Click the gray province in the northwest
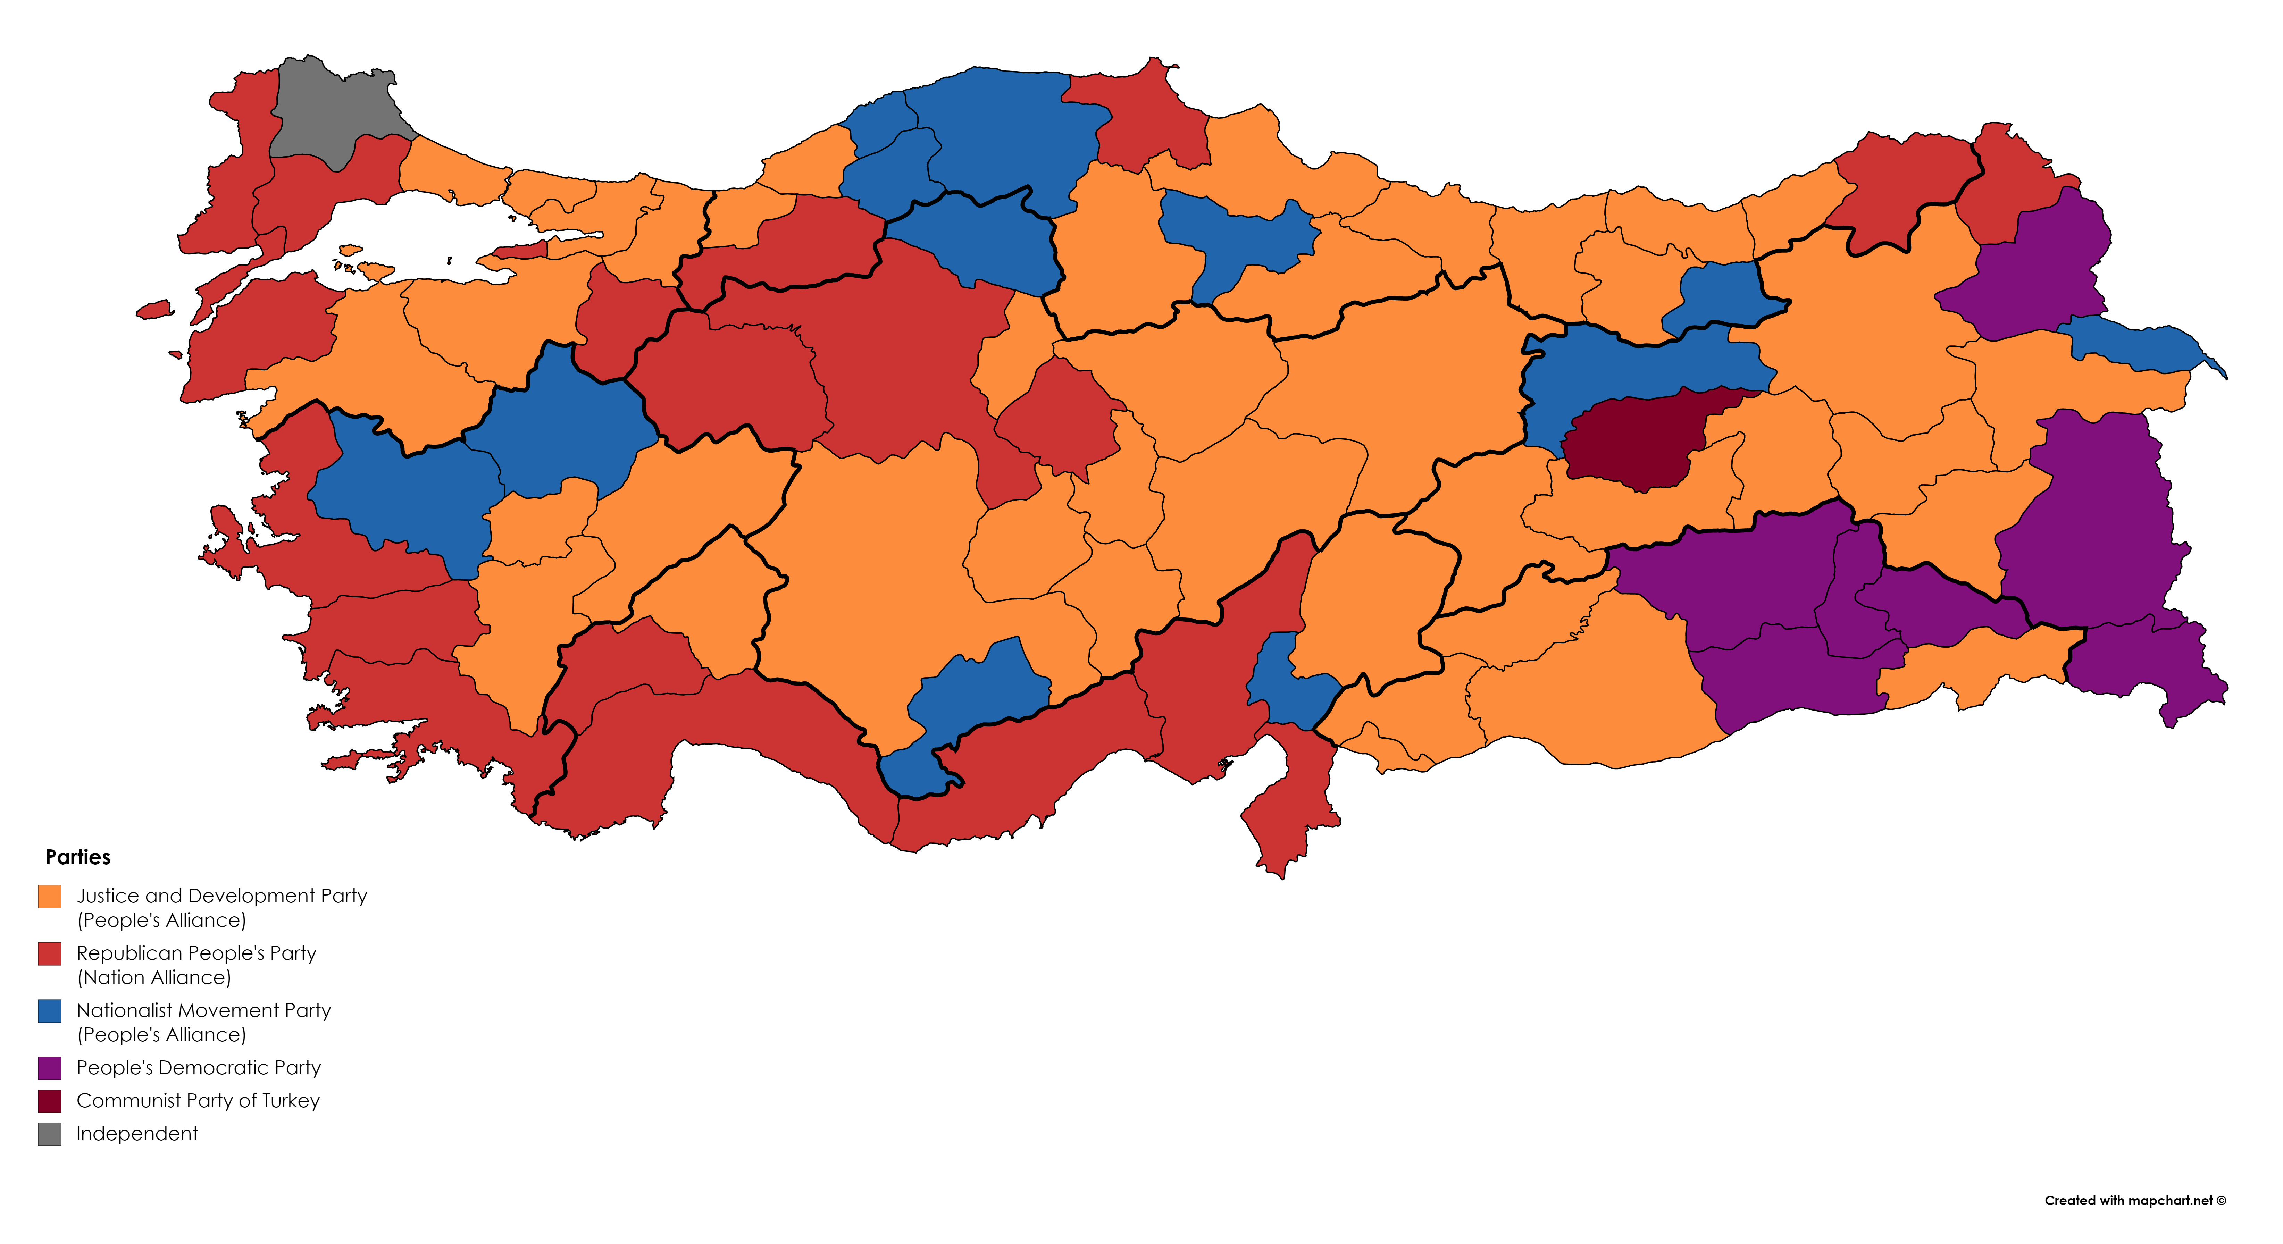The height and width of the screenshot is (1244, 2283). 332,111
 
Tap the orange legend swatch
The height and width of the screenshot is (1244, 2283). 50,896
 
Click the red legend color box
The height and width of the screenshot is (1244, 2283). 50,953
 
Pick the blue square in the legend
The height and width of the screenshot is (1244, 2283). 50,1011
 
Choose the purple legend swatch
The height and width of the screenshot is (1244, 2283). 50,1068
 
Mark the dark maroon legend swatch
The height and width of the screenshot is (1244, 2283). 50,1100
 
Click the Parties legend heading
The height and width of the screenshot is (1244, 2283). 78,857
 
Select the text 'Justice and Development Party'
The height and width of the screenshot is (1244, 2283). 221,896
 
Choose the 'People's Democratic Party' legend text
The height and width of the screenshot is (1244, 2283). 199,1068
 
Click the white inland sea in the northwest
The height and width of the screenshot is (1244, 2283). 408,235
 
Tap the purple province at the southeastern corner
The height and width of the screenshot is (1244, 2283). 2145,669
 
